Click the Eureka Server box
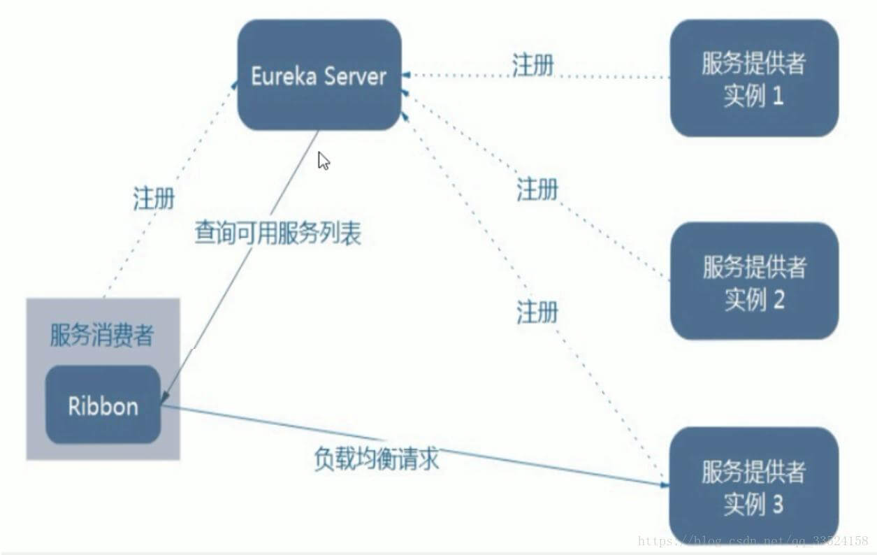[319, 74]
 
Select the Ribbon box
[103, 405]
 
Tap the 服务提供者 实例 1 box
[754, 78]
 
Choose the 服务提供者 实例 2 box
[754, 281]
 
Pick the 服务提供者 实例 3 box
[754, 486]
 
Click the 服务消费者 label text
[102, 336]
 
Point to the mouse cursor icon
[324, 161]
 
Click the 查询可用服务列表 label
[278, 233]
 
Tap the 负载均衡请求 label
[377, 459]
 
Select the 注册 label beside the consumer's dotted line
[154, 199]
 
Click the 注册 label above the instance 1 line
[533, 64]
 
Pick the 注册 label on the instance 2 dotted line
[537, 189]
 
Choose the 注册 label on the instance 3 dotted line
[537, 312]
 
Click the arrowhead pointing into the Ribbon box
[164, 397]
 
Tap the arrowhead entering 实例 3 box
[665, 485]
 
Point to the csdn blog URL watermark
[753, 541]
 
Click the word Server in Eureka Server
[355, 76]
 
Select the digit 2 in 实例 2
[778, 300]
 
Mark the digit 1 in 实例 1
[778, 96]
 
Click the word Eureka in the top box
[284, 76]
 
